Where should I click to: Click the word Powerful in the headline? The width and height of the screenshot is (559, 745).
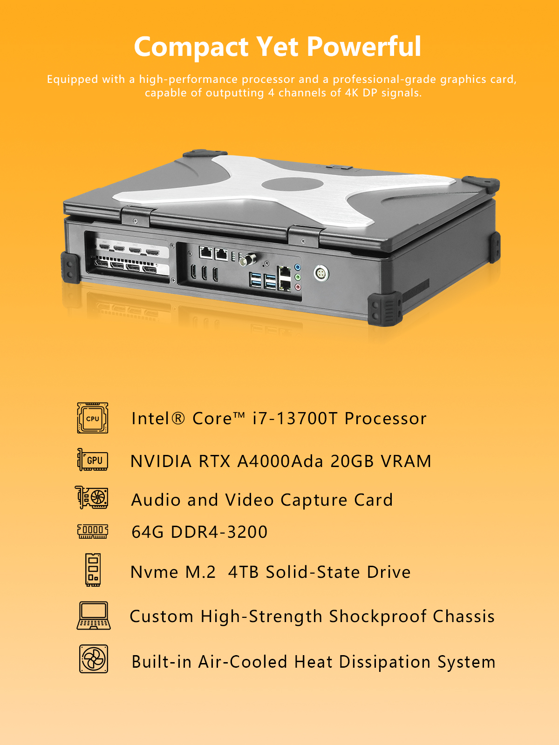364,47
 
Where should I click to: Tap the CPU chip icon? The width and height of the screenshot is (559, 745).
93,418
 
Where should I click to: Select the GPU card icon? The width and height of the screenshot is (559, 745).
93,460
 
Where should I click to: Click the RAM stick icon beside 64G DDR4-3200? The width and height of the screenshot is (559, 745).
93,532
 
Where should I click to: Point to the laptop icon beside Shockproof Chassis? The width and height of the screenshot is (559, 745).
93,616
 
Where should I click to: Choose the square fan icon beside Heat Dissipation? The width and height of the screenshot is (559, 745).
93,659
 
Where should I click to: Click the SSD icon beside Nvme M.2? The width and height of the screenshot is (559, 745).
93,570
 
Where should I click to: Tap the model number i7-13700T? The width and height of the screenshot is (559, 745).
295,418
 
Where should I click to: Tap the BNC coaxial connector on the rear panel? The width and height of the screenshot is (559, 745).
247,260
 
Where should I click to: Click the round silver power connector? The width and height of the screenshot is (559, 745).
321,274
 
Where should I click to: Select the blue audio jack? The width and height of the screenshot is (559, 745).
298,267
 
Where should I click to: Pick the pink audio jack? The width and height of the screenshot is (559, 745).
298,287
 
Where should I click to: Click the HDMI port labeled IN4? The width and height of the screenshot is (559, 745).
104,246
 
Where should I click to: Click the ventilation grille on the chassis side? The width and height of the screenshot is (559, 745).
416,290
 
